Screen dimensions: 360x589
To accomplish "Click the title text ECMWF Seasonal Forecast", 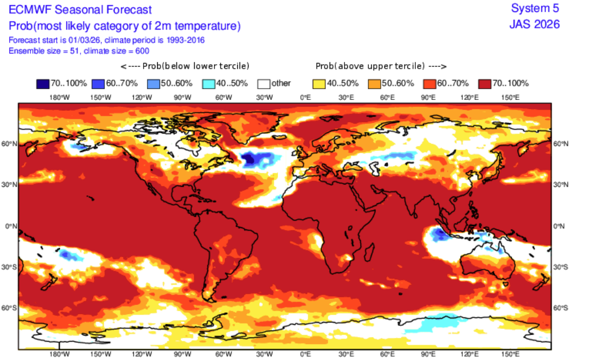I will [x=80, y=10].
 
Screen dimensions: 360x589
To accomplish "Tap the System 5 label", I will [x=535, y=8].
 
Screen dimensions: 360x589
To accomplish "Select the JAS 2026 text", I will [x=535, y=24].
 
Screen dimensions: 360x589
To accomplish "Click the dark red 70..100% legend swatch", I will [x=486, y=83].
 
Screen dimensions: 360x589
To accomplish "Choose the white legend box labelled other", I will [x=263, y=83].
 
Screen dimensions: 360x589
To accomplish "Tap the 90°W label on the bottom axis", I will [x=182, y=354].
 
